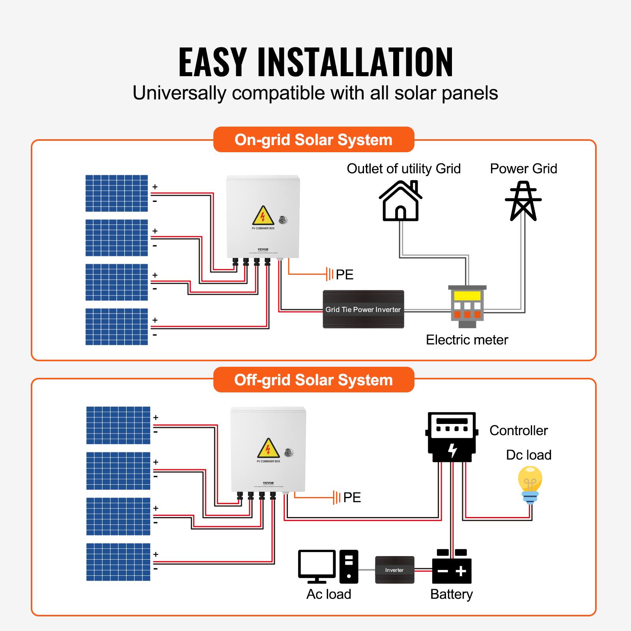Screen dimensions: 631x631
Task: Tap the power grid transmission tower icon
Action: click(x=523, y=201)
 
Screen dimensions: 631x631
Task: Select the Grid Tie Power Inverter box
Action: click(x=363, y=310)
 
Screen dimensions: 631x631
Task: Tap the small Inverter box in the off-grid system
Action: click(x=394, y=570)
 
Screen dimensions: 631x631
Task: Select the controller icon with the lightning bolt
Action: click(x=452, y=437)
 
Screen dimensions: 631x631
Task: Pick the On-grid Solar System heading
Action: click(x=314, y=140)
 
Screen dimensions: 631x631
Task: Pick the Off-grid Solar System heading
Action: click(x=314, y=380)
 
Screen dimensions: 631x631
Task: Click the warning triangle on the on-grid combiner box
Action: click(x=263, y=216)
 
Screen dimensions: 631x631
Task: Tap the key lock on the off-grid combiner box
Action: click(x=289, y=453)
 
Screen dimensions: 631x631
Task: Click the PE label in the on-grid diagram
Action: click(x=344, y=274)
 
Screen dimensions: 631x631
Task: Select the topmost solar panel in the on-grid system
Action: click(x=117, y=193)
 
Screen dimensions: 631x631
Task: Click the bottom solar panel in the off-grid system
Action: click(x=118, y=562)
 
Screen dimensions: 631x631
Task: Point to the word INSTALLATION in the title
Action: click(x=355, y=62)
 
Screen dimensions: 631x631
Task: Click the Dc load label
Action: click(x=528, y=455)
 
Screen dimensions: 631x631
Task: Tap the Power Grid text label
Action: click(x=523, y=168)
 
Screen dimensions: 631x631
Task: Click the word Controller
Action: click(x=519, y=430)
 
